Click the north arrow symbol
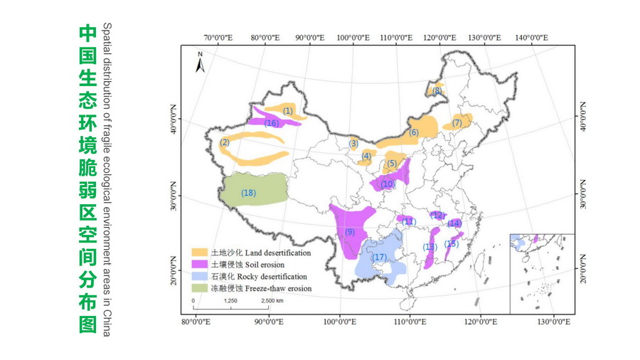(x=201, y=63)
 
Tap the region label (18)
(x=248, y=193)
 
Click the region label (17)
(x=380, y=257)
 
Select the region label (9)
(x=349, y=232)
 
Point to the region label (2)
(x=225, y=142)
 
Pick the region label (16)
(x=271, y=123)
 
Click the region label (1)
(x=288, y=110)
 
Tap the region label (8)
(x=437, y=90)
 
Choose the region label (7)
(x=457, y=123)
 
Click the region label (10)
(x=388, y=184)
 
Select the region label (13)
(x=429, y=247)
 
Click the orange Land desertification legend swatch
(x=200, y=253)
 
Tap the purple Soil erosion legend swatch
(x=200, y=265)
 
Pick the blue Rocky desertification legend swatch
(x=200, y=276)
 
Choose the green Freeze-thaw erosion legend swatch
(x=200, y=288)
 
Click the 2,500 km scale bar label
(x=272, y=301)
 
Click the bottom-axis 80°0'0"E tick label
(x=196, y=322)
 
